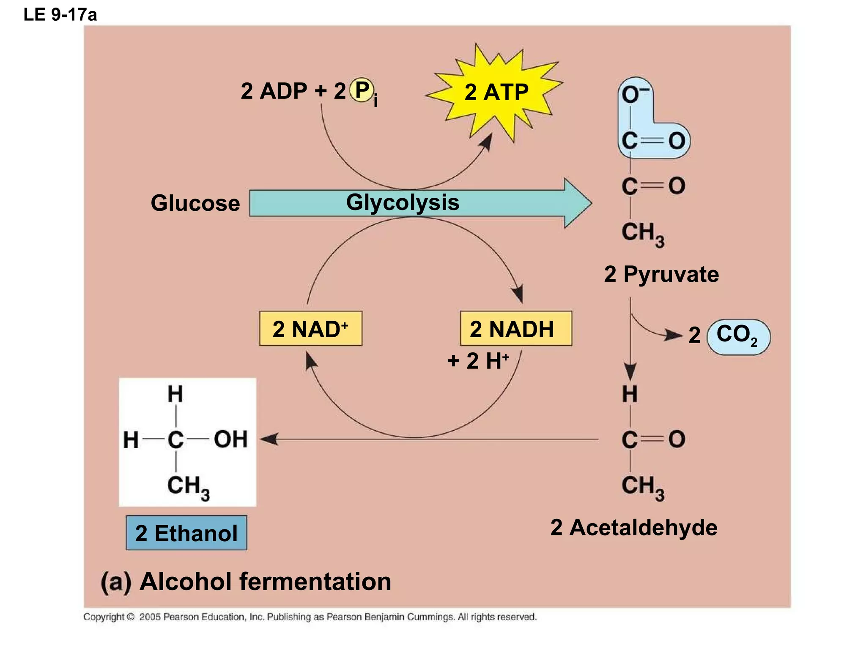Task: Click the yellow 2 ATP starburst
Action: [x=496, y=92]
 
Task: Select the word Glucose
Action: [x=195, y=203]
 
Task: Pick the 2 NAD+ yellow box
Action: [x=310, y=329]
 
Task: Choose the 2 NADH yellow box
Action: [x=515, y=329]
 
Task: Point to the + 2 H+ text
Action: [x=478, y=361]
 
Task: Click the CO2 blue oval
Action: [x=738, y=336]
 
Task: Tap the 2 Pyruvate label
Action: [x=661, y=274]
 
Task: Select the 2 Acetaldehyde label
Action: [x=633, y=527]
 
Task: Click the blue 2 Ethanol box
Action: [x=186, y=533]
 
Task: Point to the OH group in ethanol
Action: [x=230, y=439]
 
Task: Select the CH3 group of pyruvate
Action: [x=642, y=233]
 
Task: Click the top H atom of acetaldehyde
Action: [x=630, y=394]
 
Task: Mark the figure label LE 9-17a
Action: [x=60, y=15]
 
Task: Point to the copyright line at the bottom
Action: [x=310, y=617]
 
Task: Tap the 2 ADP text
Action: [x=274, y=91]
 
